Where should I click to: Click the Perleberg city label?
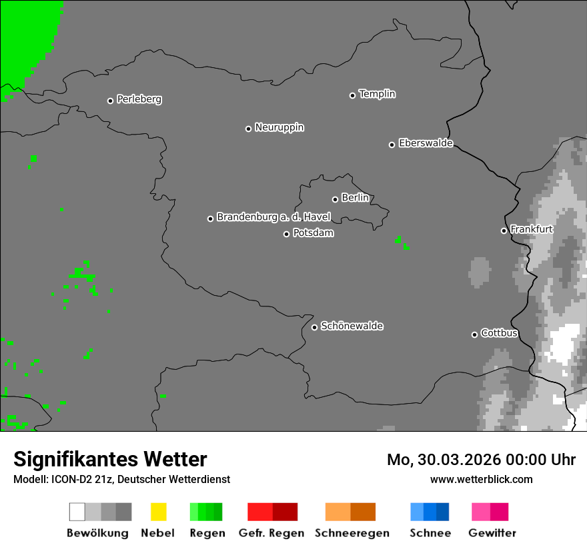[139, 99]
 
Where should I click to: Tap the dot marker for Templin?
[352, 95]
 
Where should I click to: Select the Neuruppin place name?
[279, 127]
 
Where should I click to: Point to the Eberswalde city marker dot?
[392, 145]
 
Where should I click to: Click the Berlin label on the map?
[355, 198]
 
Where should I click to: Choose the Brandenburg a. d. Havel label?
[273, 217]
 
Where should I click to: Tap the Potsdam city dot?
[286, 234]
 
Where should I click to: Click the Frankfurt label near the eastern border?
[532, 229]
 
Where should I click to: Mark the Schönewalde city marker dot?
[314, 327]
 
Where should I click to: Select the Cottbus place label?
[499, 333]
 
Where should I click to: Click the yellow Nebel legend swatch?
[158, 512]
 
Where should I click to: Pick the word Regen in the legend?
[207, 533]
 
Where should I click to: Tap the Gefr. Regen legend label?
[271, 533]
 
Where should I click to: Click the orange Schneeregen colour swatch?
[350, 512]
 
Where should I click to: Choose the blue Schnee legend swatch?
[430, 512]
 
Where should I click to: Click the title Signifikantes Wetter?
[110, 459]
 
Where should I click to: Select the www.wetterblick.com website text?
[481, 479]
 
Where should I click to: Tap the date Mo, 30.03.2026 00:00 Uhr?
[481, 460]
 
